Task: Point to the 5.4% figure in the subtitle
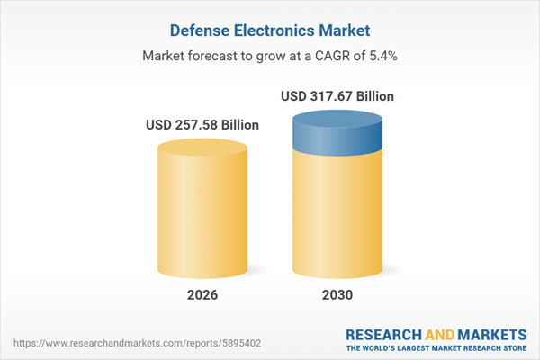(383, 56)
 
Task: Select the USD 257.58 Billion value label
(202, 124)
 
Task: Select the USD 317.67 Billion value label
(337, 95)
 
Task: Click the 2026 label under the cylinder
(202, 295)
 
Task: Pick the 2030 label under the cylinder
(337, 295)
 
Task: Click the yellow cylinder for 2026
(202, 216)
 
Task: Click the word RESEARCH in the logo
(385, 334)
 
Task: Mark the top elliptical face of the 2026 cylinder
(202, 150)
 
